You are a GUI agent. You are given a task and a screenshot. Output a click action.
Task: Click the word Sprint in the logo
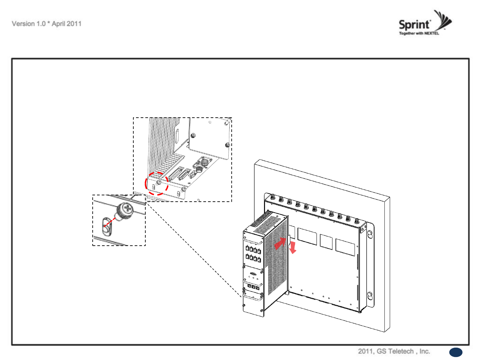[414, 24]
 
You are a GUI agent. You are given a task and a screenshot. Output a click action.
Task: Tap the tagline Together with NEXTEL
[419, 33]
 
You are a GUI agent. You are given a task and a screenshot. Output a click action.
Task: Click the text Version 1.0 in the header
[28, 24]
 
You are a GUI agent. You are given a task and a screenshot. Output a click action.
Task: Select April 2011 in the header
[67, 24]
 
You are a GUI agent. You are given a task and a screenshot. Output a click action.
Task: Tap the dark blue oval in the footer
[456, 352]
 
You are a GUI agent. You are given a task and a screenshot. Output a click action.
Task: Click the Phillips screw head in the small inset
[127, 209]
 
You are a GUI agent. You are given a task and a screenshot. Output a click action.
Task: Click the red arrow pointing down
[293, 248]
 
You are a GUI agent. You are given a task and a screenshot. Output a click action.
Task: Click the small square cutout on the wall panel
[326, 242]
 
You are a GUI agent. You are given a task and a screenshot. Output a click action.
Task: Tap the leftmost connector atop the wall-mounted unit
[273, 197]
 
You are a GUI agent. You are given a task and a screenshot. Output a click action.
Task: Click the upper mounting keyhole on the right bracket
[370, 235]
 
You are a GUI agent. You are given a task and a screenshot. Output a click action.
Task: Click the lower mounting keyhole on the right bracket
[370, 295]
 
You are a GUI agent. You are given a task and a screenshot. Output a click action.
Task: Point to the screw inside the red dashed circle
[159, 182]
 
